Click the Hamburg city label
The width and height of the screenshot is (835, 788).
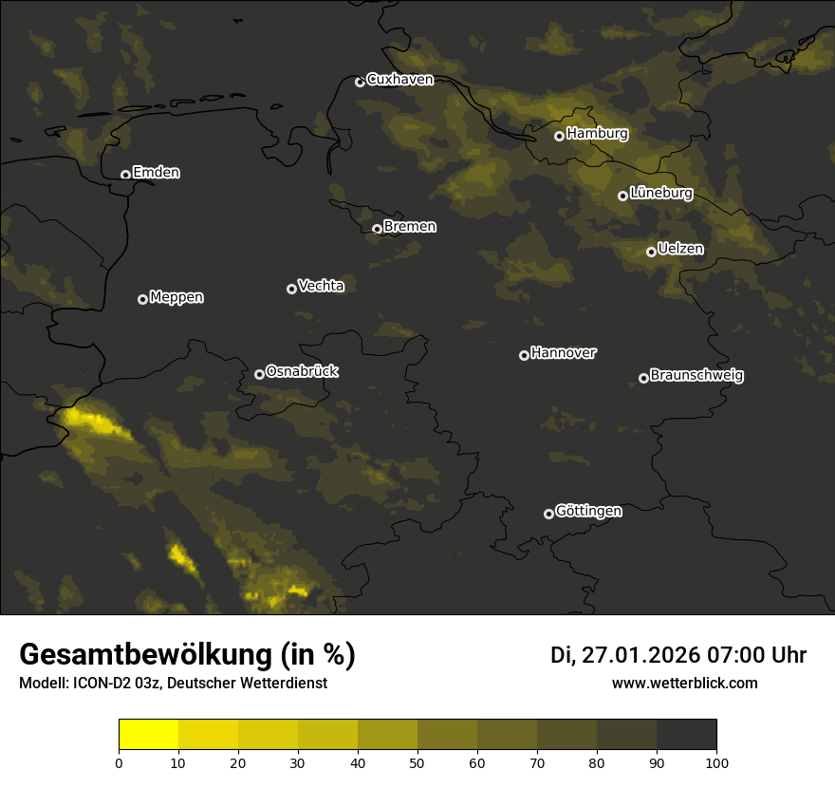click(x=597, y=134)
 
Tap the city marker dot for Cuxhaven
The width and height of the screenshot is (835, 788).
click(x=360, y=82)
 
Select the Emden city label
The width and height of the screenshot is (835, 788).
click(x=156, y=173)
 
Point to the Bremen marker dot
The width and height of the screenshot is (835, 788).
click(x=377, y=229)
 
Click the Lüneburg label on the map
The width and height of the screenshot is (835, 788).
click(x=660, y=194)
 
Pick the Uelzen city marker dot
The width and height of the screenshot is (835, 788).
click(x=651, y=252)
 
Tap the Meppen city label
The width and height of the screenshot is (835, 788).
click(x=176, y=298)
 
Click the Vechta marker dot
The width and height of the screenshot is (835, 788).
click(x=291, y=289)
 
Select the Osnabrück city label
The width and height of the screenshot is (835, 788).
click(x=302, y=372)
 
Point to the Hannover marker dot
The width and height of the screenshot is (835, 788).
click(x=524, y=355)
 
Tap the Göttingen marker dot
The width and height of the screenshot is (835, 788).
click(x=548, y=514)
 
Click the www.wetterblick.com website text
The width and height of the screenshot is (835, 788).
click(x=685, y=683)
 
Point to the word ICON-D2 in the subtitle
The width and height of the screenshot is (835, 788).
click(x=100, y=684)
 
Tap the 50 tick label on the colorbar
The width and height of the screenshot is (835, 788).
click(x=417, y=762)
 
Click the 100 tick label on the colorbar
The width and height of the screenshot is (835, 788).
click(x=716, y=762)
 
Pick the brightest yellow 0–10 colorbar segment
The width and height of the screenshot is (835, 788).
click(x=149, y=735)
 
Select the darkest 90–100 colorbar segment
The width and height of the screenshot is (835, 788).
click(x=686, y=735)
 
